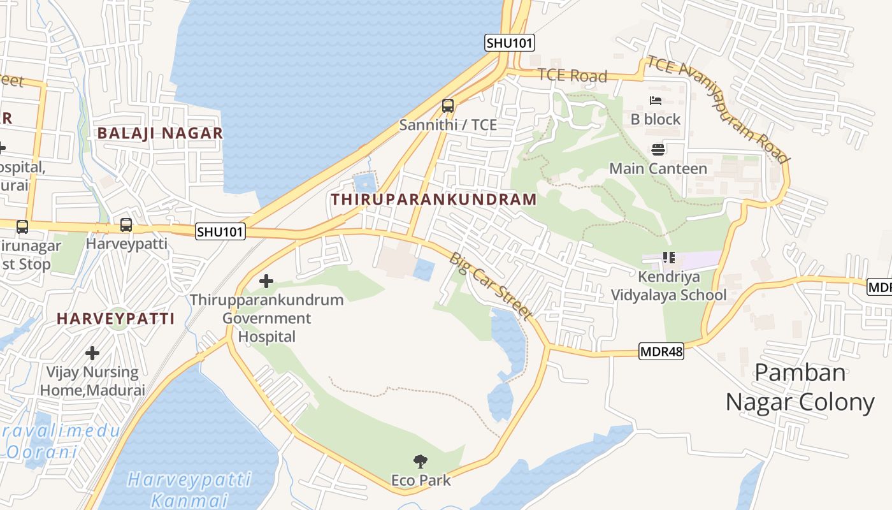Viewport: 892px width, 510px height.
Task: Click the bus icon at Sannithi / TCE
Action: click(448, 106)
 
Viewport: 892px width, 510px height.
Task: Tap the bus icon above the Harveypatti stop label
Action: click(126, 225)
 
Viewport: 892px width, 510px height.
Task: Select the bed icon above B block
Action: click(656, 101)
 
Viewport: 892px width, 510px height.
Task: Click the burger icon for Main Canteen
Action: click(658, 150)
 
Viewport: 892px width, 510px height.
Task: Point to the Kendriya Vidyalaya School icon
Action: click(669, 258)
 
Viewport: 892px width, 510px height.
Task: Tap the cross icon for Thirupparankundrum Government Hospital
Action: click(266, 280)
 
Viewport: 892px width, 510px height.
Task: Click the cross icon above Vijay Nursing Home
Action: click(92, 353)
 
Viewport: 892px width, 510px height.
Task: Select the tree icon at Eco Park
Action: click(421, 462)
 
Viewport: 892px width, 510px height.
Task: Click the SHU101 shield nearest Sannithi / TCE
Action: click(509, 43)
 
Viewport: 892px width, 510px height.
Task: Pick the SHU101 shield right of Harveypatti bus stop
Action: click(220, 231)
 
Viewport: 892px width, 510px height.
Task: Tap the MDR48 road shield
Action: click(661, 351)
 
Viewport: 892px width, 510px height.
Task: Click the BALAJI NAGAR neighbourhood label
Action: click(160, 133)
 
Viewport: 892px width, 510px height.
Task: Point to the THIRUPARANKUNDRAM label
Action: click(433, 199)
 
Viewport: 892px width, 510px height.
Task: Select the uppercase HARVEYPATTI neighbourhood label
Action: click(115, 319)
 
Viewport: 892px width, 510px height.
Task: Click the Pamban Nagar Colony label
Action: click(800, 387)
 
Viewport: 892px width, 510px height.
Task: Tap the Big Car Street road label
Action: click(490, 285)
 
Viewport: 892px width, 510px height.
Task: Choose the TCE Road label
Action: click(572, 75)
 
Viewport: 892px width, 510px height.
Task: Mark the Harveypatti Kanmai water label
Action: click(189, 489)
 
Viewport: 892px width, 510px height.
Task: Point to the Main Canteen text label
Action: click(658, 169)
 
